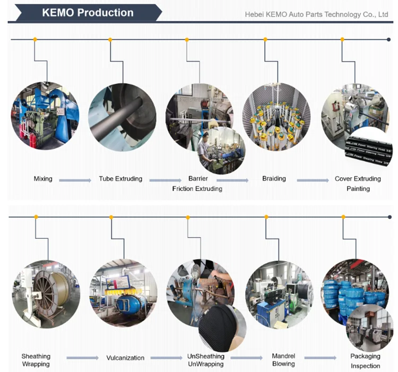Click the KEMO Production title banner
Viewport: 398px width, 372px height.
point(88,13)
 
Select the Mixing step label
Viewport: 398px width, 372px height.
point(43,179)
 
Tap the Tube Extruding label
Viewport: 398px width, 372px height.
point(120,179)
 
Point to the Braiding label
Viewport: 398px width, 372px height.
point(274,179)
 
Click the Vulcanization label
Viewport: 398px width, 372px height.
point(125,358)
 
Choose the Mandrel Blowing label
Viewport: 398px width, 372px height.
point(283,360)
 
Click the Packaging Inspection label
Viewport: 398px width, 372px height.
point(365,361)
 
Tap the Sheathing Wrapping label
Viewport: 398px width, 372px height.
point(36,360)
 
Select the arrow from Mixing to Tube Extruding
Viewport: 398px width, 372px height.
point(75,181)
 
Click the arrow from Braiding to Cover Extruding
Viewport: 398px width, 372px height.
point(313,181)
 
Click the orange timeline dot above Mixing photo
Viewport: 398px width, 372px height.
point(35,39)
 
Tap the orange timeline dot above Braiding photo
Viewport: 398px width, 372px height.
point(264,39)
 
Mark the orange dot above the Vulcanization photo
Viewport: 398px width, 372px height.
point(111,217)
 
